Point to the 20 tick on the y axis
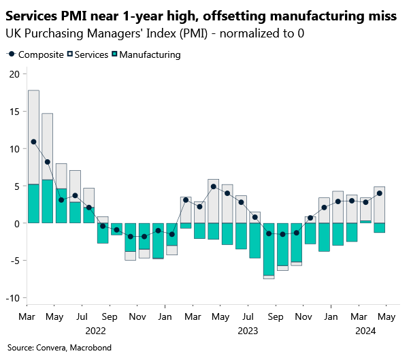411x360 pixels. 14,74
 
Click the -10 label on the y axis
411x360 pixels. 12,298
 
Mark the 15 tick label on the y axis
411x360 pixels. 14,112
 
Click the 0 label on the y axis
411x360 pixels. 16,223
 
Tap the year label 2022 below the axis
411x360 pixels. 95,331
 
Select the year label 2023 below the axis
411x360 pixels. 247,331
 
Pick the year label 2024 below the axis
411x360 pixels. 365,331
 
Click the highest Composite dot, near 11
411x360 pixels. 33,142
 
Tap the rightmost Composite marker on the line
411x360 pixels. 380,193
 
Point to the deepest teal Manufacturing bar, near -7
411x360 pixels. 269,249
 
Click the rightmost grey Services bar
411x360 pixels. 380,204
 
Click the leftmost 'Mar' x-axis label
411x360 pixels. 27,317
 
